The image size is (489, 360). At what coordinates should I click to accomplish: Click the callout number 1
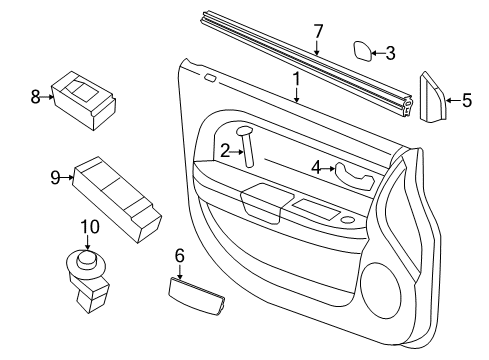296,77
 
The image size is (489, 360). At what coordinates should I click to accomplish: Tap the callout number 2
225,150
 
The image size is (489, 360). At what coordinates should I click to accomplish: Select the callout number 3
391,52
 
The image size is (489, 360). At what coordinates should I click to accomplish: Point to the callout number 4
316,168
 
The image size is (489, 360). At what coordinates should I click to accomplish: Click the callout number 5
465,99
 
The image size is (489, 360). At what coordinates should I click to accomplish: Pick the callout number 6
180,256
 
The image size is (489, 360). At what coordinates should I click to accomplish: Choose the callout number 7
317,29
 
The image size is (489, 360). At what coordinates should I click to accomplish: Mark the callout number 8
35,97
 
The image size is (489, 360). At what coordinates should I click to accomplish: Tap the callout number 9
56,178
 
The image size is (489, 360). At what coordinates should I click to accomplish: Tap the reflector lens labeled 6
190,291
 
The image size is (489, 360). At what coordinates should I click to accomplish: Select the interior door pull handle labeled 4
356,175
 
